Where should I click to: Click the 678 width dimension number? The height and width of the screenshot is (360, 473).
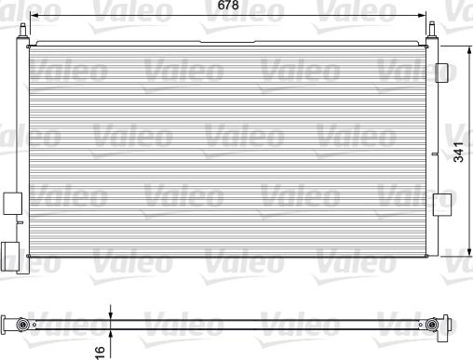[226, 7]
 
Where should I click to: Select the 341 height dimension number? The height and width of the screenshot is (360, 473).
[459, 153]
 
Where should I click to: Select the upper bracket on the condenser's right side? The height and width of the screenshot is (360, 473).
[443, 73]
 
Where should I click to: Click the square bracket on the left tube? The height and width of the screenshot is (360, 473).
[13, 203]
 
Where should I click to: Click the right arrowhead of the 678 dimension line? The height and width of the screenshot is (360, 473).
[425, 17]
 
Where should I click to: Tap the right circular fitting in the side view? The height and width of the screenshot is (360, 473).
[432, 325]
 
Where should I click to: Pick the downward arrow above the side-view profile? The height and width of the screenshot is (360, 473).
[110, 313]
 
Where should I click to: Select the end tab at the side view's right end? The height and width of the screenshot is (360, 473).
[453, 325]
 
